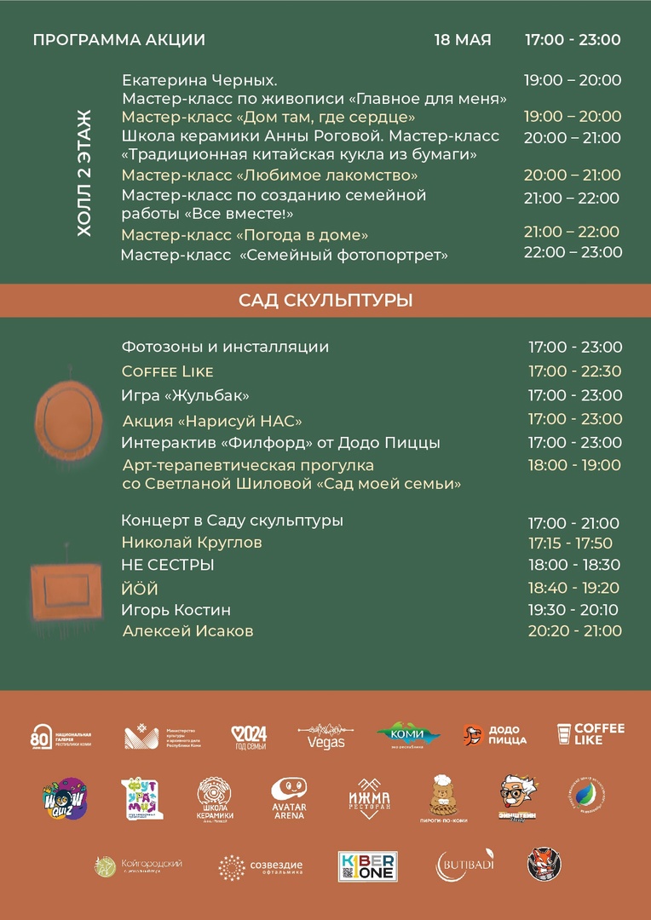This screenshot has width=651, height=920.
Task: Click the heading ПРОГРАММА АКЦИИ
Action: (x=118, y=40)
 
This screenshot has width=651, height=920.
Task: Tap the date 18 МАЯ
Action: (x=463, y=40)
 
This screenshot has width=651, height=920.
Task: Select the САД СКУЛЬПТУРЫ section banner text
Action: (x=325, y=300)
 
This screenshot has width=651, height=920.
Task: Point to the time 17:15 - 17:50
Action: (x=570, y=543)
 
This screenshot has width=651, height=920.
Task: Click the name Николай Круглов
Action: (x=192, y=543)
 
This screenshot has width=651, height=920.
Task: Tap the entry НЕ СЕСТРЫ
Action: (x=168, y=565)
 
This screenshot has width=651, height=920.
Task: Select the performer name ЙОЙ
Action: (x=140, y=589)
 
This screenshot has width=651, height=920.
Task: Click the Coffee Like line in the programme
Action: (x=168, y=371)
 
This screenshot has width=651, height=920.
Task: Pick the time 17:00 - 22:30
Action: (x=574, y=371)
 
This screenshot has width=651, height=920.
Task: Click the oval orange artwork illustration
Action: (x=68, y=419)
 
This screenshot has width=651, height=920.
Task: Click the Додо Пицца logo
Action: (x=495, y=735)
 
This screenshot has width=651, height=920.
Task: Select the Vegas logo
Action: (x=325, y=737)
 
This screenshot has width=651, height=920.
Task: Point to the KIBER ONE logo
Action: (x=368, y=866)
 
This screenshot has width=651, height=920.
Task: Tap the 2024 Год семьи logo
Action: (x=250, y=737)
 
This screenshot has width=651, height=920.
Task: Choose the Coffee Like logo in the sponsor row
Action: (x=591, y=734)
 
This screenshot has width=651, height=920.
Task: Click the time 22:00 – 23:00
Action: (x=573, y=252)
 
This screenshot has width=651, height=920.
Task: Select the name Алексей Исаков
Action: (x=187, y=631)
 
